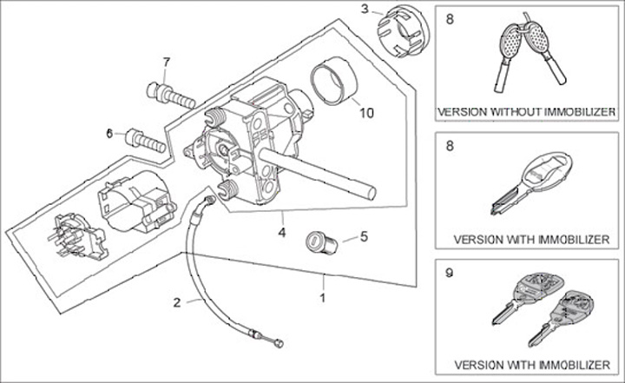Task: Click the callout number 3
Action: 365,10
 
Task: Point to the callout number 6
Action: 110,133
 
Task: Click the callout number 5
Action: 364,234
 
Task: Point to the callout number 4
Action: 280,232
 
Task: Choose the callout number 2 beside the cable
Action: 176,302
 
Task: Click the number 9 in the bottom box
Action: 448,272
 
